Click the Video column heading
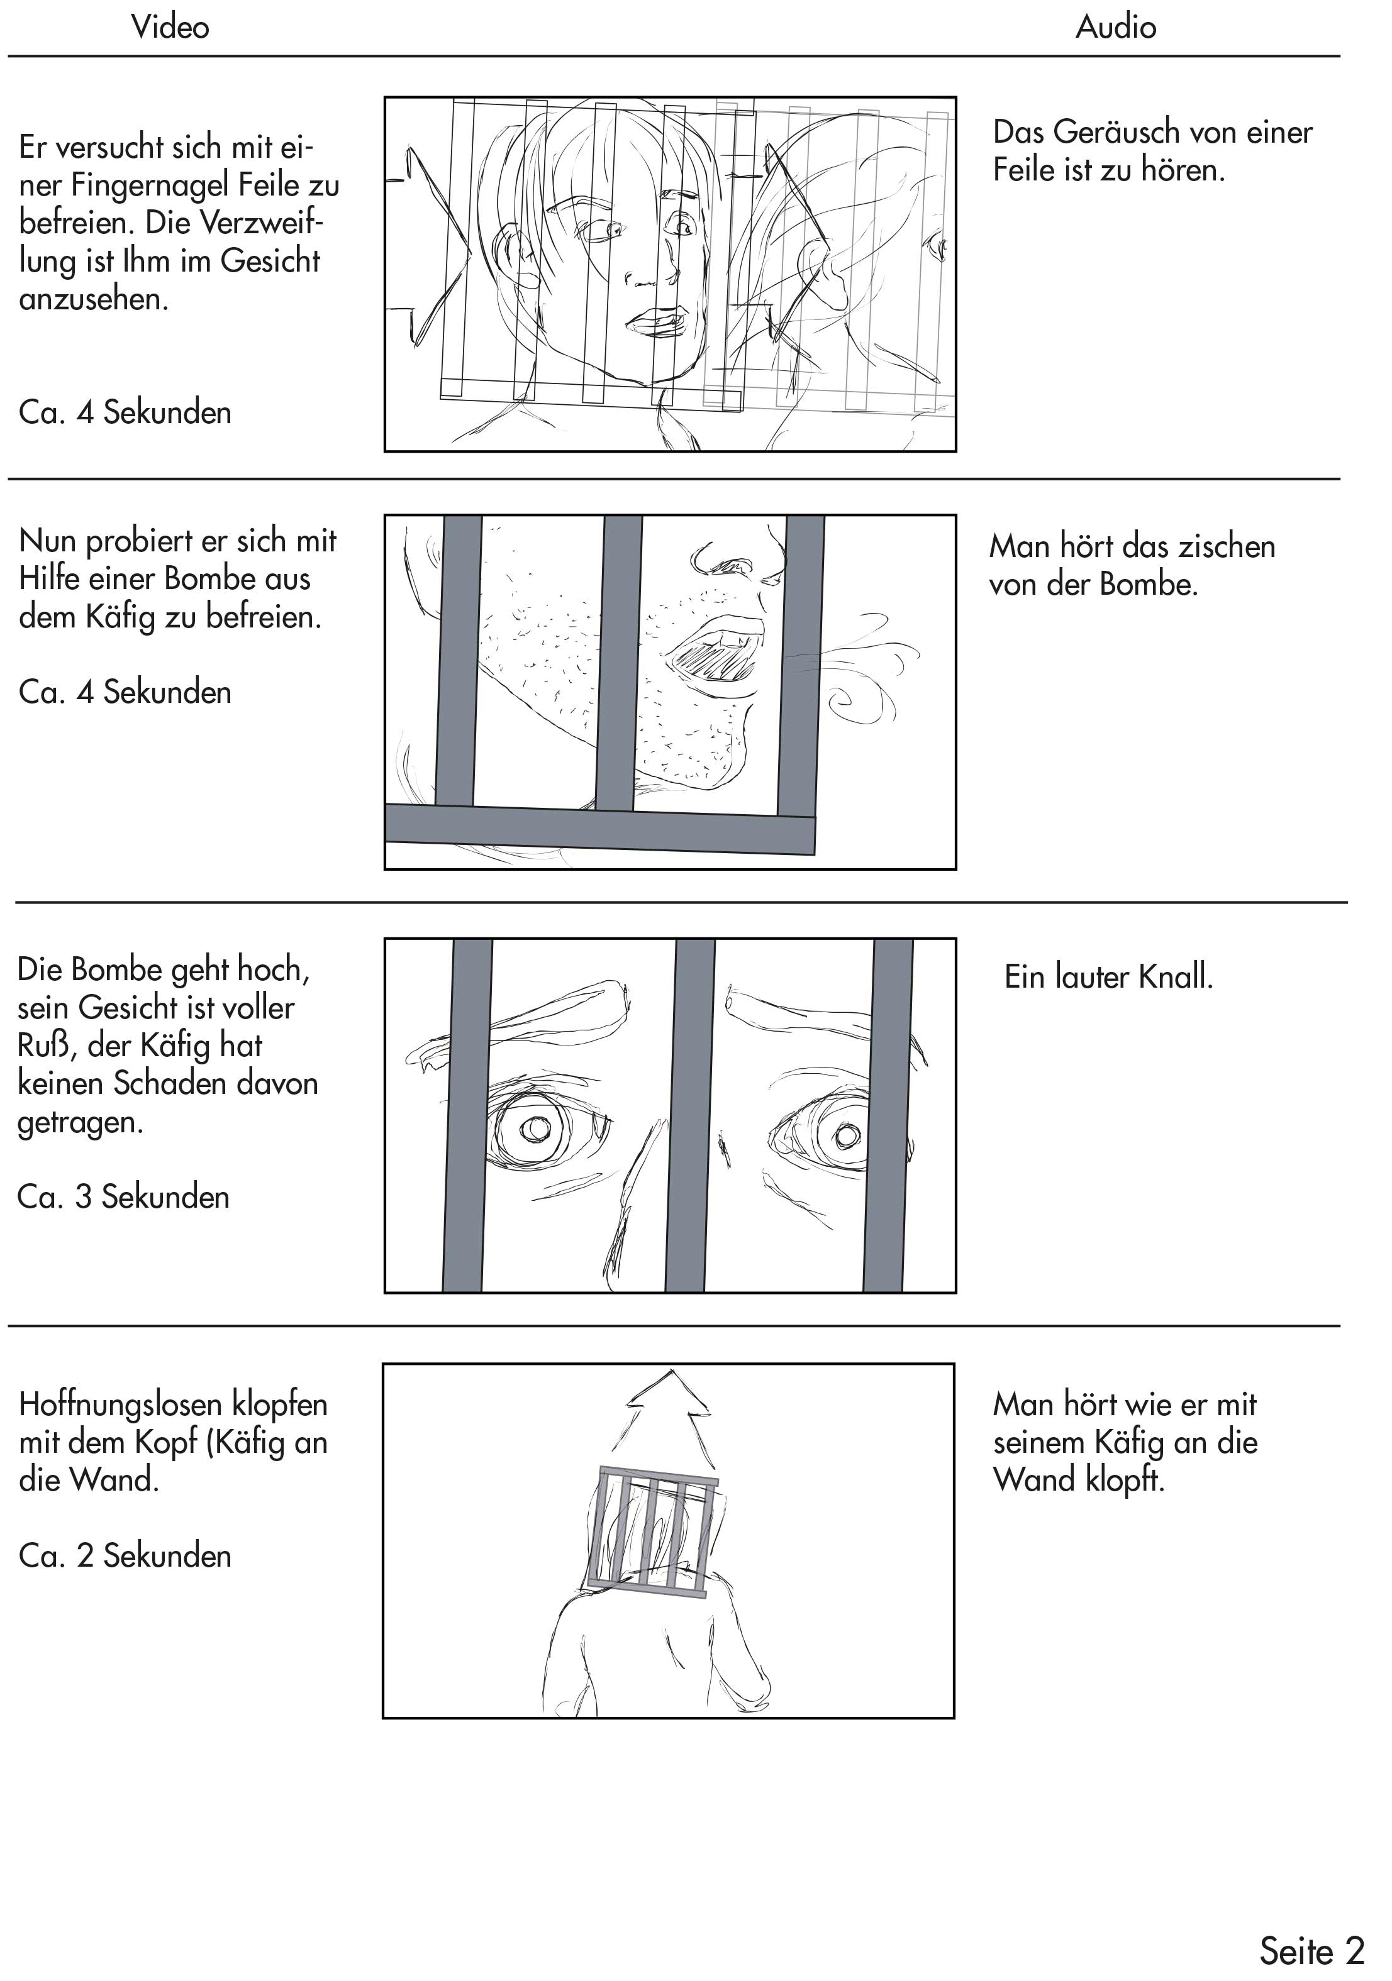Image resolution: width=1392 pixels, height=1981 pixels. click(170, 27)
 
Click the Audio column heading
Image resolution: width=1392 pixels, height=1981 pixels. click(1115, 27)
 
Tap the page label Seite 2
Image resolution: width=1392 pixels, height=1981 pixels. click(1311, 1950)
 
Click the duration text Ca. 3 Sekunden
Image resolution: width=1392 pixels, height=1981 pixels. click(123, 1197)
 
